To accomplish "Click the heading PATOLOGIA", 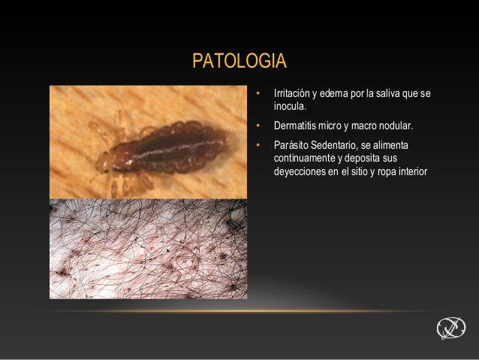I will [x=240, y=61].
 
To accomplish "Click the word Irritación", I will [x=293, y=94].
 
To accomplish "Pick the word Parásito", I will [x=291, y=145].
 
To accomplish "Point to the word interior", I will [x=411, y=172].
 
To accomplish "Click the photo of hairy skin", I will [x=147, y=248].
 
